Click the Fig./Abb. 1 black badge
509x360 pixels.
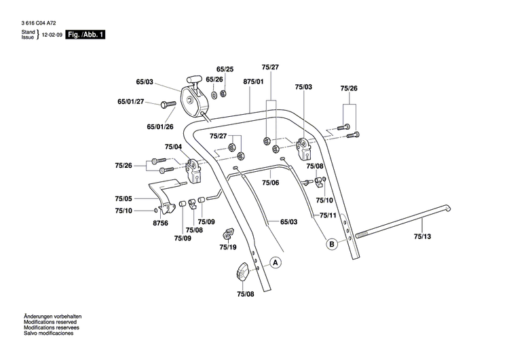pos(86,35)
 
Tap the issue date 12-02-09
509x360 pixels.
pos(52,35)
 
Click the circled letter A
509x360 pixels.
pos(275,262)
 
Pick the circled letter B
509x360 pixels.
pos(332,245)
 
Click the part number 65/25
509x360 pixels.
pos(225,70)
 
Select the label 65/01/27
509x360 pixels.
pos(130,102)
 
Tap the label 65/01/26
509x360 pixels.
pos(160,126)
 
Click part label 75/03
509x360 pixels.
pos(303,88)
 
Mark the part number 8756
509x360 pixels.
pos(160,222)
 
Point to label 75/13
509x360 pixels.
pos(422,237)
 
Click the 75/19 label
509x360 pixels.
pos(227,248)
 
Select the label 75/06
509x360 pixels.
pos(271,183)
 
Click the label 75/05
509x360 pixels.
pos(123,199)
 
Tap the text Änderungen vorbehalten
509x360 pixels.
pos(52,317)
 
